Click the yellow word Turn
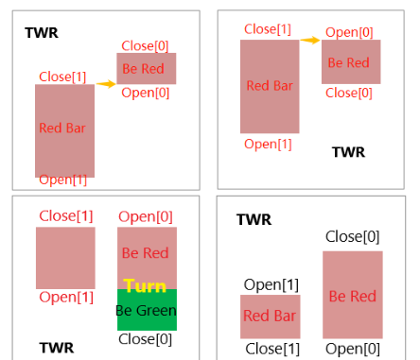pyautogui.click(x=145, y=285)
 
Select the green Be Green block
pyautogui.click(x=147, y=310)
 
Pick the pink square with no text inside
pyautogui.click(x=65, y=257)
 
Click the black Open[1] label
pyautogui.click(x=271, y=283)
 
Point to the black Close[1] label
pyautogui.click(x=271, y=348)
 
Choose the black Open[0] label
pyautogui.click(x=352, y=348)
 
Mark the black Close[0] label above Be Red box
pyautogui.click(x=352, y=236)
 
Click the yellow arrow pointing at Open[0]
pyautogui.click(x=308, y=40)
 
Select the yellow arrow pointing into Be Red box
pyautogui.click(x=105, y=84)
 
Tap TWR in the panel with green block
pyautogui.click(x=56, y=347)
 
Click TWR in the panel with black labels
pyautogui.click(x=254, y=219)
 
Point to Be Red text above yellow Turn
pyautogui.click(x=146, y=253)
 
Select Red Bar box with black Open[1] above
pyautogui.click(x=270, y=317)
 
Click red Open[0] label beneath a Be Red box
pyautogui.click(x=146, y=93)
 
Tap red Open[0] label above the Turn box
pyautogui.click(x=145, y=216)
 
